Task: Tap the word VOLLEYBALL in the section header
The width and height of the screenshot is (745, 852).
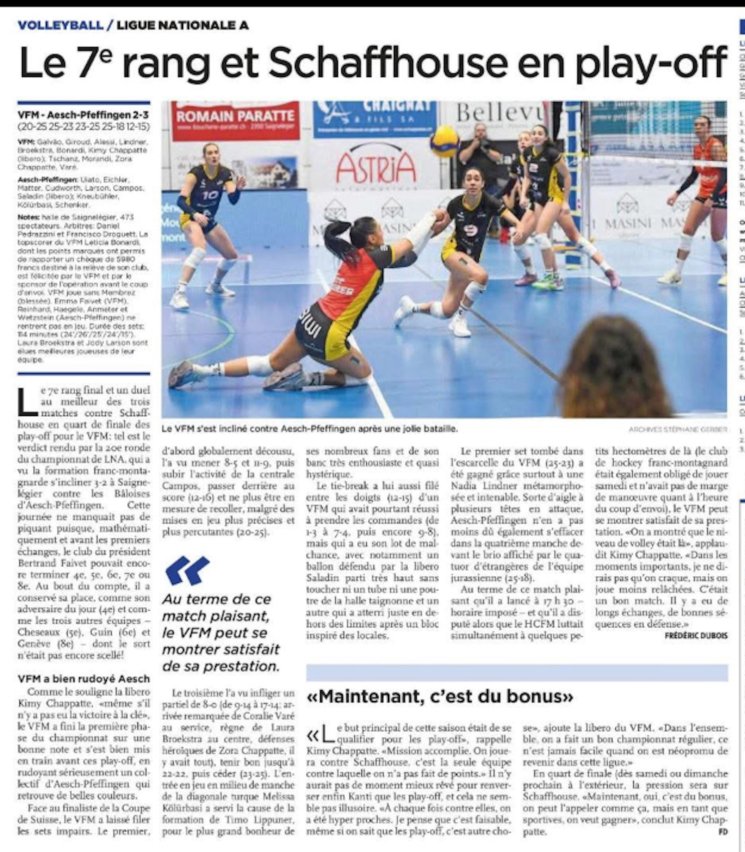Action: coord(60,25)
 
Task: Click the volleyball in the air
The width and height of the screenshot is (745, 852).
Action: coord(445,141)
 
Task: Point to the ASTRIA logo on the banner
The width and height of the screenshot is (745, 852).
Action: coord(376,167)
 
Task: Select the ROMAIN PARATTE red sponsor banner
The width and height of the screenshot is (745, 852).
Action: coord(235,120)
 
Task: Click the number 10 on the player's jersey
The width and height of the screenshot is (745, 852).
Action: coord(211,194)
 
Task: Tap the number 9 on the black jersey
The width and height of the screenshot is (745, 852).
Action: coord(470,231)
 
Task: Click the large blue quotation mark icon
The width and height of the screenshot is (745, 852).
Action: coord(187,570)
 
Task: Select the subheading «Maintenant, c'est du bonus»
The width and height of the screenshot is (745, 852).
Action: coord(440,696)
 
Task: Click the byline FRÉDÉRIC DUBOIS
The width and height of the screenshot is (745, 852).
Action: coord(696,636)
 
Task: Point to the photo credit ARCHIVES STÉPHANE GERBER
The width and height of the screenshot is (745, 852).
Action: coord(677,429)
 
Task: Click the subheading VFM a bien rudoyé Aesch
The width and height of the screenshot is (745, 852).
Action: coord(83,678)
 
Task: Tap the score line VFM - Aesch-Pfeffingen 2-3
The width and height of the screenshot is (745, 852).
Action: coord(83,115)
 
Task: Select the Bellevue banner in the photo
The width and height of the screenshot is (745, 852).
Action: coord(497,113)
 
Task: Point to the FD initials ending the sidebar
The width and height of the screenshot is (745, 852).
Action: coord(722,832)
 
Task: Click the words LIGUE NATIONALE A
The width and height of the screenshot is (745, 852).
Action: coord(182,25)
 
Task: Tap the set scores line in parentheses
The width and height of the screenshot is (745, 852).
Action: coord(83,126)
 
